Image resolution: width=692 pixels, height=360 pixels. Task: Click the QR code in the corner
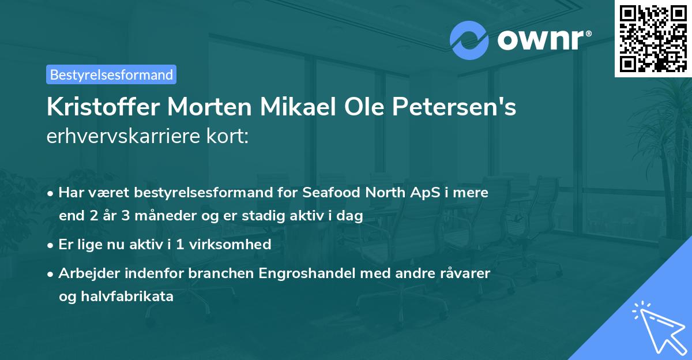point(653,39)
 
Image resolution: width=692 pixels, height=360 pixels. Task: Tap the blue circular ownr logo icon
point(469,40)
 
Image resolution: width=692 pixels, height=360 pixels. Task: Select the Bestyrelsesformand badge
point(111,74)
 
